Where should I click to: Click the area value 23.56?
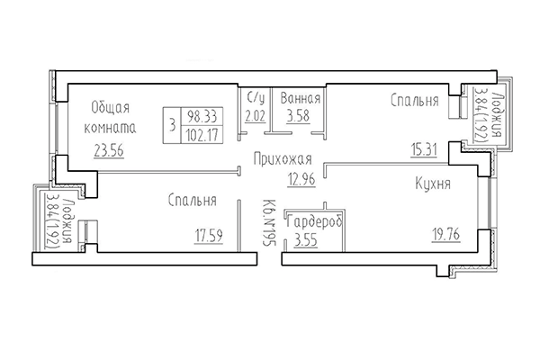pyautogui.click(x=108, y=150)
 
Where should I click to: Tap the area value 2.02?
pyautogui.click(x=255, y=115)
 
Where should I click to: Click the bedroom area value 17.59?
pyautogui.click(x=210, y=238)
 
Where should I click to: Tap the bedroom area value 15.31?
pyautogui.click(x=424, y=150)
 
